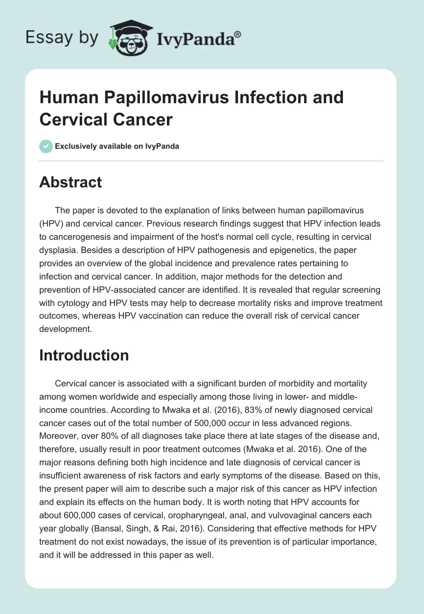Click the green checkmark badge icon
coord(46,146)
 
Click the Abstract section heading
coord(70,182)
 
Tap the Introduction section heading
coord(84,355)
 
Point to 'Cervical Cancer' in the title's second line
coord(106,119)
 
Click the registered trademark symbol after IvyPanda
coord(237,34)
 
